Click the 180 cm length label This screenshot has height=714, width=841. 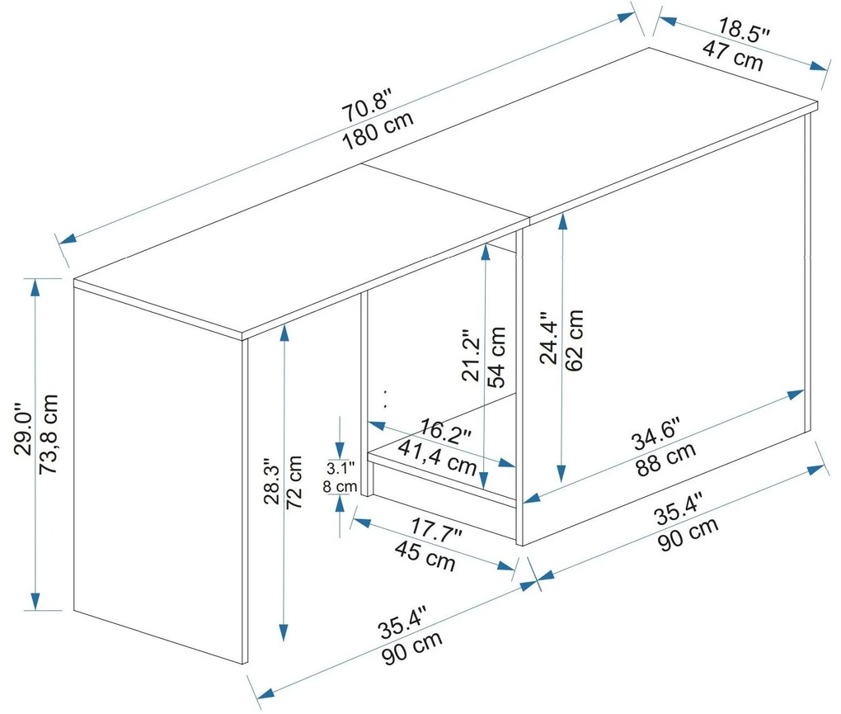tap(378, 131)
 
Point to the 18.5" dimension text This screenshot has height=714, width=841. tap(744, 30)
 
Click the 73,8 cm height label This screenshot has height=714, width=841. tap(49, 434)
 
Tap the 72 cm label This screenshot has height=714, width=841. tap(294, 482)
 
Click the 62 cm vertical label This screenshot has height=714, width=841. tap(574, 340)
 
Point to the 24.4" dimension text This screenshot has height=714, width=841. tap(549, 338)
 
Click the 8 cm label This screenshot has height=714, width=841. tap(340, 487)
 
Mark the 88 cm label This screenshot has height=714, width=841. tap(666, 459)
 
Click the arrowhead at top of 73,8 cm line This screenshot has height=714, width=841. tap(35, 288)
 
